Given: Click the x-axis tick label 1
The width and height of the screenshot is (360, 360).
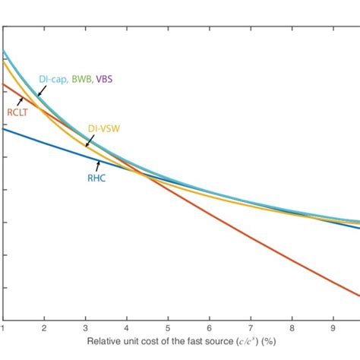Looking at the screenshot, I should pyautogui.click(x=3, y=329).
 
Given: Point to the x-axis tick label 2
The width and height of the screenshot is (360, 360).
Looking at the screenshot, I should pyautogui.click(x=44, y=329).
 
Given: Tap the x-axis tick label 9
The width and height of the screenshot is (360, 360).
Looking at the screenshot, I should pyautogui.click(x=333, y=329).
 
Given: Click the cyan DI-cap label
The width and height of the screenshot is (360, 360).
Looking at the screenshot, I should pyautogui.click(x=53, y=79).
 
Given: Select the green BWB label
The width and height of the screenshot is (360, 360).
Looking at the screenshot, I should pyautogui.click(x=82, y=79).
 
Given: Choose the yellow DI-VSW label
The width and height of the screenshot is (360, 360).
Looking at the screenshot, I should pyautogui.click(x=103, y=129).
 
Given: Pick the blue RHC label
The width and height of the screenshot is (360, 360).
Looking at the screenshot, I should pyautogui.click(x=96, y=178).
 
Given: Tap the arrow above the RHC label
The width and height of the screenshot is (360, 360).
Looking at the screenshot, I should pyautogui.click(x=97, y=165).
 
